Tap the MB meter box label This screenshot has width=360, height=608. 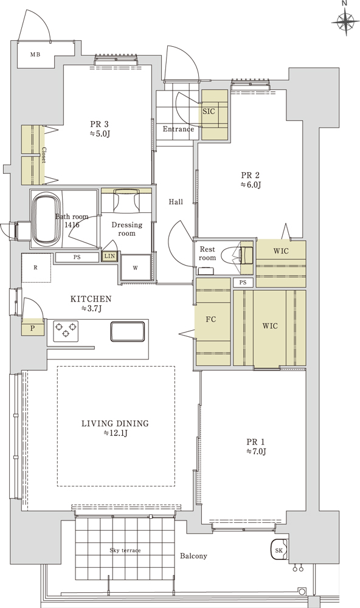click(35, 55)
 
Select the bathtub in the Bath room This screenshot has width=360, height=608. click(46, 220)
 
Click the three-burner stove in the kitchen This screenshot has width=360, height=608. click(66, 331)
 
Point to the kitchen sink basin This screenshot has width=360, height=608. click(128, 331)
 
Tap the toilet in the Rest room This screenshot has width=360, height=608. click(237, 255)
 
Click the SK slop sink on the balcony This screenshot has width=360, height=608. click(279, 550)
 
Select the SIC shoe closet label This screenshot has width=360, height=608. click(209, 111)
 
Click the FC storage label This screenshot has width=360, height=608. click(210, 320)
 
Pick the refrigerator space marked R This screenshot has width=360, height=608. click(36, 268)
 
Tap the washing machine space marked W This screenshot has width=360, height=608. click(136, 268)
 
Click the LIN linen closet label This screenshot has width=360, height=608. click(109, 256)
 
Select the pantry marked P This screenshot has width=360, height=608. click(33, 328)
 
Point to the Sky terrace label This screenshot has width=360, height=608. click(125, 550)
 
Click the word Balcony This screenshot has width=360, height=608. click(193, 556)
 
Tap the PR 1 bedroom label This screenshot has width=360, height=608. click(255, 441)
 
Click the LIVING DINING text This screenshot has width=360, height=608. click(115, 423)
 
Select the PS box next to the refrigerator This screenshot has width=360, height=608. click(77, 257)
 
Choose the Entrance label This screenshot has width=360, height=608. click(178, 129)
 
